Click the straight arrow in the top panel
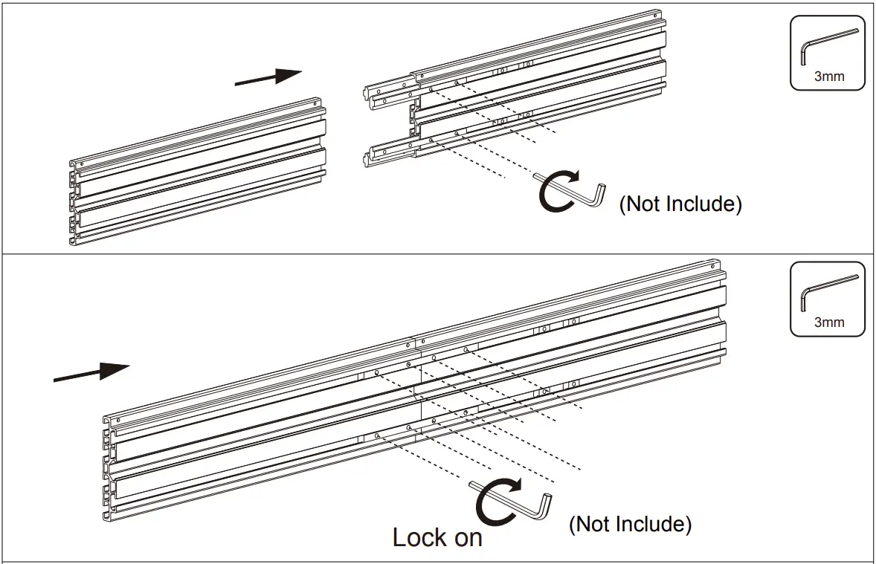coord(268,77)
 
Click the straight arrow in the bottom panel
coord(92,373)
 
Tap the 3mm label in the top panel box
coord(828,77)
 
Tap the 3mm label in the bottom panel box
coord(828,322)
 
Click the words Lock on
coord(437,537)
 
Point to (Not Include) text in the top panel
coord(680,204)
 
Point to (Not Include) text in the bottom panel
coord(630,524)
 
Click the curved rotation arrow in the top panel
coord(558,192)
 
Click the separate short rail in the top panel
coord(197,172)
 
